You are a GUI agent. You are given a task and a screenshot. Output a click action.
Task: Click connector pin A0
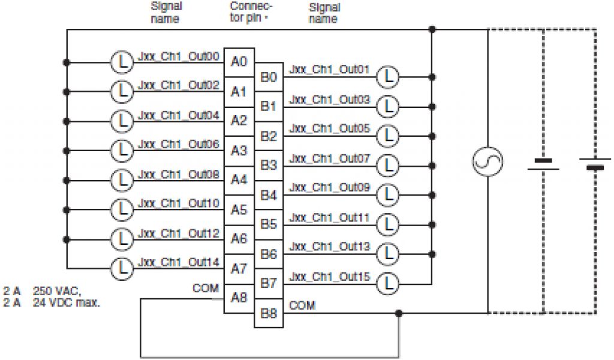(239, 62)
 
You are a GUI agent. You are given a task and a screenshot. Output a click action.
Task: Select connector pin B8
(268, 314)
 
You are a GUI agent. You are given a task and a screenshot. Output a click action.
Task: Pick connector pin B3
(268, 166)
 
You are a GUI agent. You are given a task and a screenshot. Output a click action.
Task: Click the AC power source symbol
(487, 161)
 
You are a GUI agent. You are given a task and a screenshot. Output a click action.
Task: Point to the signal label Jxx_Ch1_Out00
(179, 56)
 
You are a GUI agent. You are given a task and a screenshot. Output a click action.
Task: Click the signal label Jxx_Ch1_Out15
(329, 276)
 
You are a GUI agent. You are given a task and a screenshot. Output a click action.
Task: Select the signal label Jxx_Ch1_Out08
(179, 174)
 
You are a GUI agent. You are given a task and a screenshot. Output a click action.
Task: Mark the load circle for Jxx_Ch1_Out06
(122, 149)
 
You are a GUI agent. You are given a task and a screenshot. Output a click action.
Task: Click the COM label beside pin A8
(205, 288)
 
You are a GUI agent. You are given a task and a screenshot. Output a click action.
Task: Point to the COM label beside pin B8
(302, 305)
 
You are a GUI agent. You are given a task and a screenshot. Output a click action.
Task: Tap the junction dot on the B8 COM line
(399, 313)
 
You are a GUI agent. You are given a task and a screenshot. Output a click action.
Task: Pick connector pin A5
(239, 209)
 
